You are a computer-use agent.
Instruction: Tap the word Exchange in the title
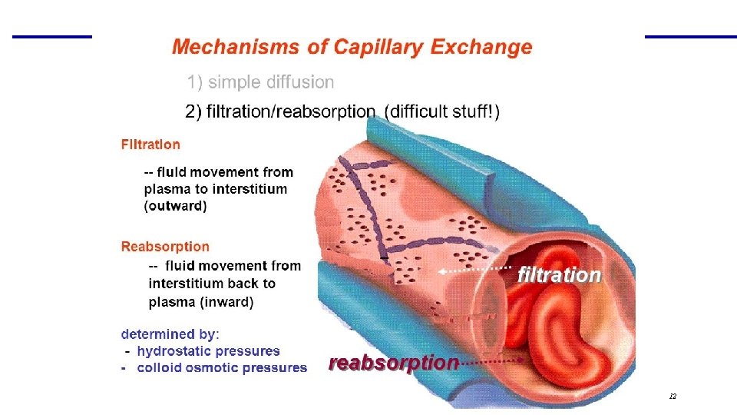coord(481,47)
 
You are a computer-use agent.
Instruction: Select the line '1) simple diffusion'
coord(261,81)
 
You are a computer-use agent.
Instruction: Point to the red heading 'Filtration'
coord(150,144)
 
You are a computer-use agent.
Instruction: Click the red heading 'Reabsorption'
coord(165,247)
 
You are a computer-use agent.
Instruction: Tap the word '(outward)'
coord(175,206)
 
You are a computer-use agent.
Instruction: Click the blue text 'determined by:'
coord(170,334)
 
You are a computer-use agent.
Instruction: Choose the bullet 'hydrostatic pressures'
coord(208,351)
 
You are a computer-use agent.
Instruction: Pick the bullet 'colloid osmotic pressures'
coord(222,368)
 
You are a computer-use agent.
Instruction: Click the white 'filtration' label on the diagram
coord(559,274)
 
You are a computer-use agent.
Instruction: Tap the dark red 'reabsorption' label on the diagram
coord(394,363)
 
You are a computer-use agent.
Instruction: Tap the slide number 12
coord(673,397)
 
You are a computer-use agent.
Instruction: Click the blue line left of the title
coord(51,36)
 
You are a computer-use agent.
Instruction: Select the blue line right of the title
coord(690,36)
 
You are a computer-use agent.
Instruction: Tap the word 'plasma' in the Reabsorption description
coord(173,302)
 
